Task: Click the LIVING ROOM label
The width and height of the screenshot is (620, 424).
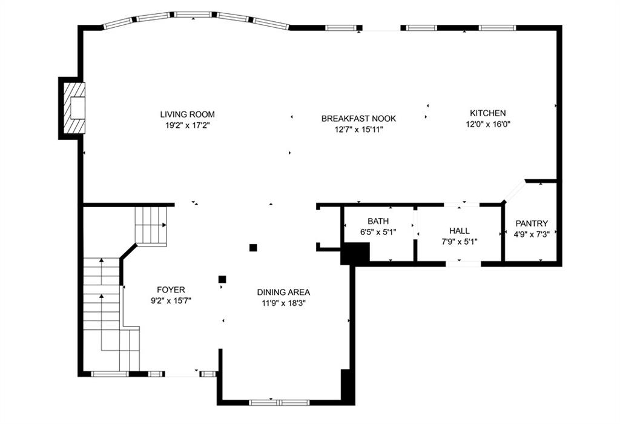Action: pos(188,114)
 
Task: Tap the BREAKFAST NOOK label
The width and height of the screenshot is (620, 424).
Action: pos(358,118)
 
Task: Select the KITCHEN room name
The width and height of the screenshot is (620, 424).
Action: pos(487,113)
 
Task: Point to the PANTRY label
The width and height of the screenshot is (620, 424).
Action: pos(532,224)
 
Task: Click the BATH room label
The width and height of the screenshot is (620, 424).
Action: pos(378,221)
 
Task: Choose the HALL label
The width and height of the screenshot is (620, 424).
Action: pos(460,231)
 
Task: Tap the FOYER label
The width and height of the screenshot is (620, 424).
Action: pos(171,290)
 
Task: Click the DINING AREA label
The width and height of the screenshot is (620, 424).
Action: pos(283,293)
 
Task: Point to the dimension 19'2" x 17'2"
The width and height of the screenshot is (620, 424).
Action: pos(188,125)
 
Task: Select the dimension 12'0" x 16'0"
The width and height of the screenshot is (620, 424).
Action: pos(488,124)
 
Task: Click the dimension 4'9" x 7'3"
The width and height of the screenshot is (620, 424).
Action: pos(532,234)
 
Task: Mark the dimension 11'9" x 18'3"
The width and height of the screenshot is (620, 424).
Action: pos(283,303)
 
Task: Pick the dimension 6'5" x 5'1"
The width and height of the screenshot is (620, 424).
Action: pos(378,232)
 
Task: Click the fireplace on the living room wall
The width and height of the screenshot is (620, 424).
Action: pos(71,108)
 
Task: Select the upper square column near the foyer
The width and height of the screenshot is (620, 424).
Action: pos(253,248)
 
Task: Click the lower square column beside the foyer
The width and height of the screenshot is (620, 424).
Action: pos(222,279)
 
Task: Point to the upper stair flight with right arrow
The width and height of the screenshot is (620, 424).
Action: pos(151,225)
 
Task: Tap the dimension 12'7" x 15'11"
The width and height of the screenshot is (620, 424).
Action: pos(358,130)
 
